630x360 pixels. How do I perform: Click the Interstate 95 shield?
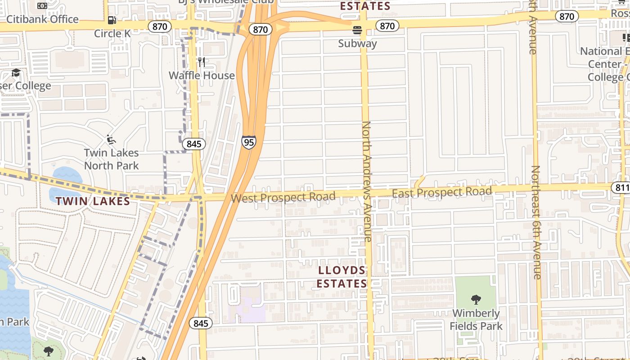tap(248, 142)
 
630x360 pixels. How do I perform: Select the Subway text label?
tap(357, 44)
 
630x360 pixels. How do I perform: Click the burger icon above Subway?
tap(357, 30)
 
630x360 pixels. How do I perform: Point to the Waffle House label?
tap(202, 75)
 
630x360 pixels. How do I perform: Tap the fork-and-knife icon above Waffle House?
tap(202, 62)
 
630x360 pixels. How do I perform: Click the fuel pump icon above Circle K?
tap(112, 20)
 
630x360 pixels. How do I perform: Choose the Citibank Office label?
tap(42, 19)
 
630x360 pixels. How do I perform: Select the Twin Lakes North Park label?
tap(111, 159)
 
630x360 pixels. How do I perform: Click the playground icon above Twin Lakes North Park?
tap(111, 140)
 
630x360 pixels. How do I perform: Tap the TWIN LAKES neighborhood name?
tap(93, 201)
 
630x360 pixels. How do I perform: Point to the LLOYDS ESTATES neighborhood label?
tap(342, 277)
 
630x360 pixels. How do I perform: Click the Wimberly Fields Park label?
tap(476, 319)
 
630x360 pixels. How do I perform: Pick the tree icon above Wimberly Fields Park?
tap(476, 299)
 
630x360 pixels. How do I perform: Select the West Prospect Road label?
tap(283, 197)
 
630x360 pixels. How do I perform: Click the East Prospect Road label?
tap(442, 192)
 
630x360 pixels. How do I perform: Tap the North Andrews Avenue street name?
tap(367, 180)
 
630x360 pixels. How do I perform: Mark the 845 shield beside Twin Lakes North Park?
tap(193, 144)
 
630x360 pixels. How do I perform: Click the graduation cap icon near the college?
tap(16, 72)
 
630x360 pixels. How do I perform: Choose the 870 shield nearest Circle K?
tap(159, 27)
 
